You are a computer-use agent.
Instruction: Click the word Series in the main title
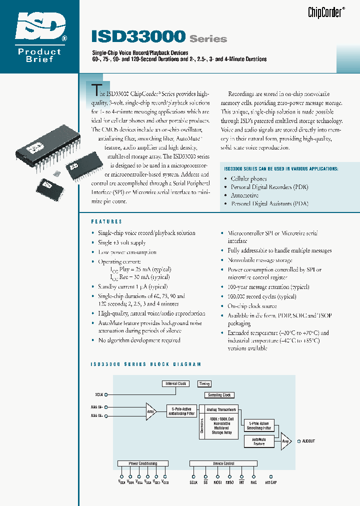208,38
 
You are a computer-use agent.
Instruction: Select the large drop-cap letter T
95,89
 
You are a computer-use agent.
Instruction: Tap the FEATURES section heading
106,221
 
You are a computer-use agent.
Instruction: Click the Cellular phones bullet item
248,178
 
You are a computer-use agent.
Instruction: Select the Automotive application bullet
244,195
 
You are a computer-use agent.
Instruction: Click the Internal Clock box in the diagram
175,383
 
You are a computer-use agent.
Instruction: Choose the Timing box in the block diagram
204,383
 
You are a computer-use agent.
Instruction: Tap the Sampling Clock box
219,395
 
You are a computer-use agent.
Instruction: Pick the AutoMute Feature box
259,441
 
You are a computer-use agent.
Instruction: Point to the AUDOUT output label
308,441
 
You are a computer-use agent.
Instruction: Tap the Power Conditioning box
143,463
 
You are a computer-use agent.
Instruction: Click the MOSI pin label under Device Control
217,482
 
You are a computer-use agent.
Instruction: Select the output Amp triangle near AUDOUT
285,440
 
